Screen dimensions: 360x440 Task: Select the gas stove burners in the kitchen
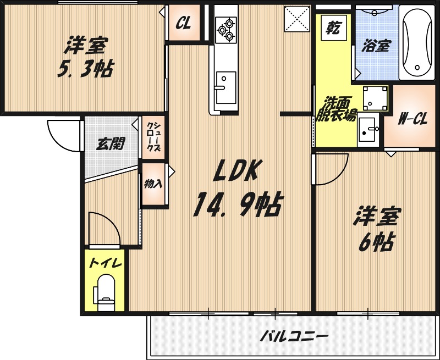click(226, 29)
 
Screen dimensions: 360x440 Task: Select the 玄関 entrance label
click(111, 145)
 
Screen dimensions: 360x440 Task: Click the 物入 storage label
click(153, 184)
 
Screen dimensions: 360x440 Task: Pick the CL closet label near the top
click(183, 24)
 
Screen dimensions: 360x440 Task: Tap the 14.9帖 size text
click(237, 206)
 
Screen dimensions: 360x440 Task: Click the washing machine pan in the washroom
click(376, 98)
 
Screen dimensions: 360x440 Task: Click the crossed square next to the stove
click(298, 21)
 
